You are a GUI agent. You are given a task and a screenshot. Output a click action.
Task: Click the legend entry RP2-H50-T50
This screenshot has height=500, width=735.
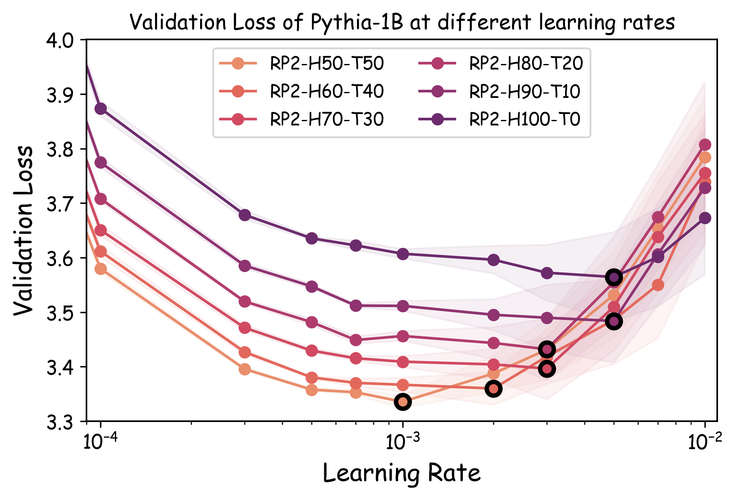click(x=326, y=64)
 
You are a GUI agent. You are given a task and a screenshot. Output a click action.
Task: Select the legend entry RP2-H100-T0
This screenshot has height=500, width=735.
click(x=525, y=119)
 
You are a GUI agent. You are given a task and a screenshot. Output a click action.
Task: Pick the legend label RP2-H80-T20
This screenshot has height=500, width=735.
click(x=526, y=64)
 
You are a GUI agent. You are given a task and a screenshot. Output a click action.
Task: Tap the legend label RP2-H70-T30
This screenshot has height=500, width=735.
click(x=326, y=119)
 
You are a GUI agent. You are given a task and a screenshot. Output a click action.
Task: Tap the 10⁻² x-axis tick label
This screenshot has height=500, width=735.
click(x=704, y=442)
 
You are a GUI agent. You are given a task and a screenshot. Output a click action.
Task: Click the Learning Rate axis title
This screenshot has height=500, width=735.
click(x=401, y=473)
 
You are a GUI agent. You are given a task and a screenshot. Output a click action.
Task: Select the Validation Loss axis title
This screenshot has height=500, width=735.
click(x=23, y=231)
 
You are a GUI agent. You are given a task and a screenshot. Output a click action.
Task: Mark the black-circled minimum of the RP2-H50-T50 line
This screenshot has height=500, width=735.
click(x=403, y=402)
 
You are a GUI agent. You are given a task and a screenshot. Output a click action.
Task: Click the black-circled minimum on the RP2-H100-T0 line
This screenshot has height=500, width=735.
click(x=614, y=278)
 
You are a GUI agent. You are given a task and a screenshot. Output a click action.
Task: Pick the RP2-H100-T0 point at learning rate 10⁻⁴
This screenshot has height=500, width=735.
click(x=100, y=109)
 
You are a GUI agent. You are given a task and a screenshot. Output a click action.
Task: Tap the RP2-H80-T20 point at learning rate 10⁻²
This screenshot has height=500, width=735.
click(x=705, y=145)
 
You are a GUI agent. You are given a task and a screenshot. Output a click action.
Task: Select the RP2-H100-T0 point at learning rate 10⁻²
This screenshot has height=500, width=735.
click(x=705, y=218)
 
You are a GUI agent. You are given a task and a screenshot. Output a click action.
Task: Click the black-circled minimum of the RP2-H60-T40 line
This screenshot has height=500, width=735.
click(x=493, y=389)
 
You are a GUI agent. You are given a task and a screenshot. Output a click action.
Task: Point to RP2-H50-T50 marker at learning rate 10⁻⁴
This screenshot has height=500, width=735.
click(x=100, y=269)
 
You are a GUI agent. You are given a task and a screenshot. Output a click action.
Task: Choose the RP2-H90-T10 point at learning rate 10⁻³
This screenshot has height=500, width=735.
click(x=403, y=306)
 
